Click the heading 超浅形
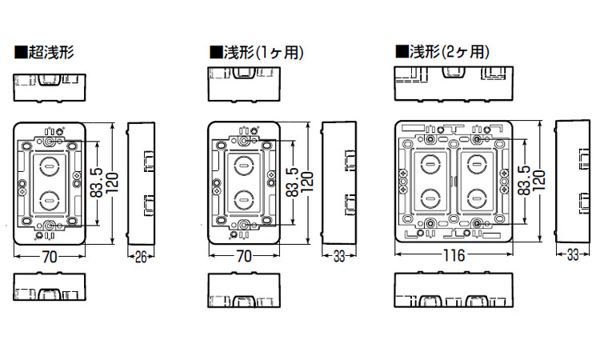(52, 54)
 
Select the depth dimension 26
(140, 256)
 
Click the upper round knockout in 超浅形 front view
(50, 167)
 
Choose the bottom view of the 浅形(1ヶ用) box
(244, 290)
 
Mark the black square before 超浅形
(20, 54)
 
